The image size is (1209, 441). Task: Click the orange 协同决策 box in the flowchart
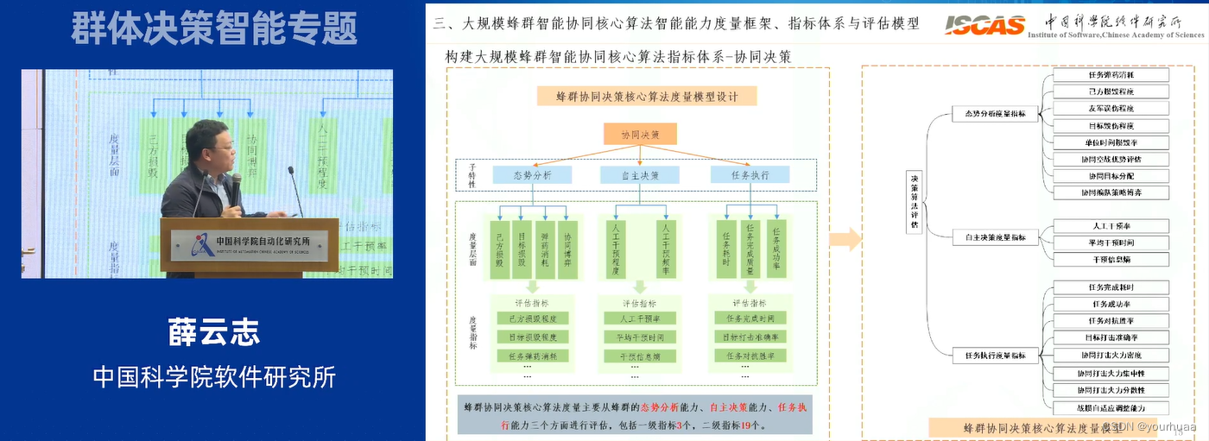(640, 135)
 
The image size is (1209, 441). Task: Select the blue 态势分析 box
(532, 175)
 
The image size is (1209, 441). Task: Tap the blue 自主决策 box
(641, 175)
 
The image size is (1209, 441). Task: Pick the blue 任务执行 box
(748, 175)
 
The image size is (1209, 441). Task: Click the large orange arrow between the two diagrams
(845, 239)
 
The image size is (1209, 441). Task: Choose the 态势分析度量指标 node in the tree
(995, 114)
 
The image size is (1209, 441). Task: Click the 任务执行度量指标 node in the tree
(995, 355)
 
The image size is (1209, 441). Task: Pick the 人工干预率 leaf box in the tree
(1111, 226)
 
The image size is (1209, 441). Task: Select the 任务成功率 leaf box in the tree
(1111, 304)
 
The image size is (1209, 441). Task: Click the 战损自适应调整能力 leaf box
(1111, 407)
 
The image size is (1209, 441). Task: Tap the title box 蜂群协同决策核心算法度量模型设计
(646, 96)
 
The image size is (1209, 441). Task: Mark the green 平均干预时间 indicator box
(640, 337)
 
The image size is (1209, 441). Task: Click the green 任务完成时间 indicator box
(750, 318)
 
